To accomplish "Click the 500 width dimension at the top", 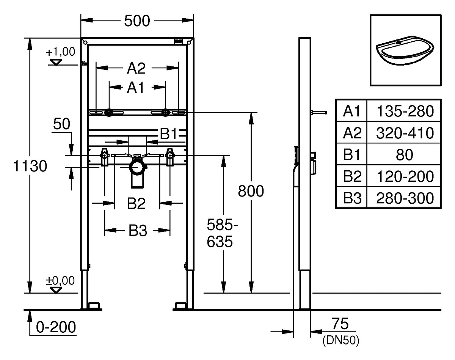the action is (137, 21).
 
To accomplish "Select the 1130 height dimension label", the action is (30, 166).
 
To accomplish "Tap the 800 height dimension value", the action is (251, 191).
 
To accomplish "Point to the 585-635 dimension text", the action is (222, 233).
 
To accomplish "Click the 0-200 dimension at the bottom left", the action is (56, 327).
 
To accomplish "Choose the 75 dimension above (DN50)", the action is (340, 324).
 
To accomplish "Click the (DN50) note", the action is (341, 341).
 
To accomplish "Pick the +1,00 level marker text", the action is (60, 52).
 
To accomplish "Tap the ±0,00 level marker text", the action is (60, 281).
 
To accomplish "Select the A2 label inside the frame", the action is (136, 68).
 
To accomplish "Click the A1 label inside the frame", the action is (135, 88).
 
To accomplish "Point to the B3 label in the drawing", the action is (138, 231).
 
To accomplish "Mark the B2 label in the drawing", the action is (136, 203).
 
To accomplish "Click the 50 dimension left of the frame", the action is (61, 124).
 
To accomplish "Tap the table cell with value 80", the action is (405, 155).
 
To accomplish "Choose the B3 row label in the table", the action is (352, 198).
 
